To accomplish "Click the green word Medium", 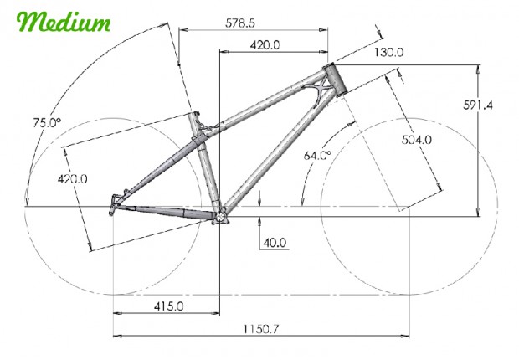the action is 64,22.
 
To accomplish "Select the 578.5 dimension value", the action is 240,23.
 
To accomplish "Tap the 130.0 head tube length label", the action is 389,52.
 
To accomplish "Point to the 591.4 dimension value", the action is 478,105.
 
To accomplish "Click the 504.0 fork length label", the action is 417,140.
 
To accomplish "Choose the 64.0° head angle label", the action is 317,155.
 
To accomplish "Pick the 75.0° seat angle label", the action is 47,122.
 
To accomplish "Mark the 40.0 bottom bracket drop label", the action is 275,243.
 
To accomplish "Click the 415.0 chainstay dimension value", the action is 168,306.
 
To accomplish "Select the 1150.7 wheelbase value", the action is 261,329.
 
